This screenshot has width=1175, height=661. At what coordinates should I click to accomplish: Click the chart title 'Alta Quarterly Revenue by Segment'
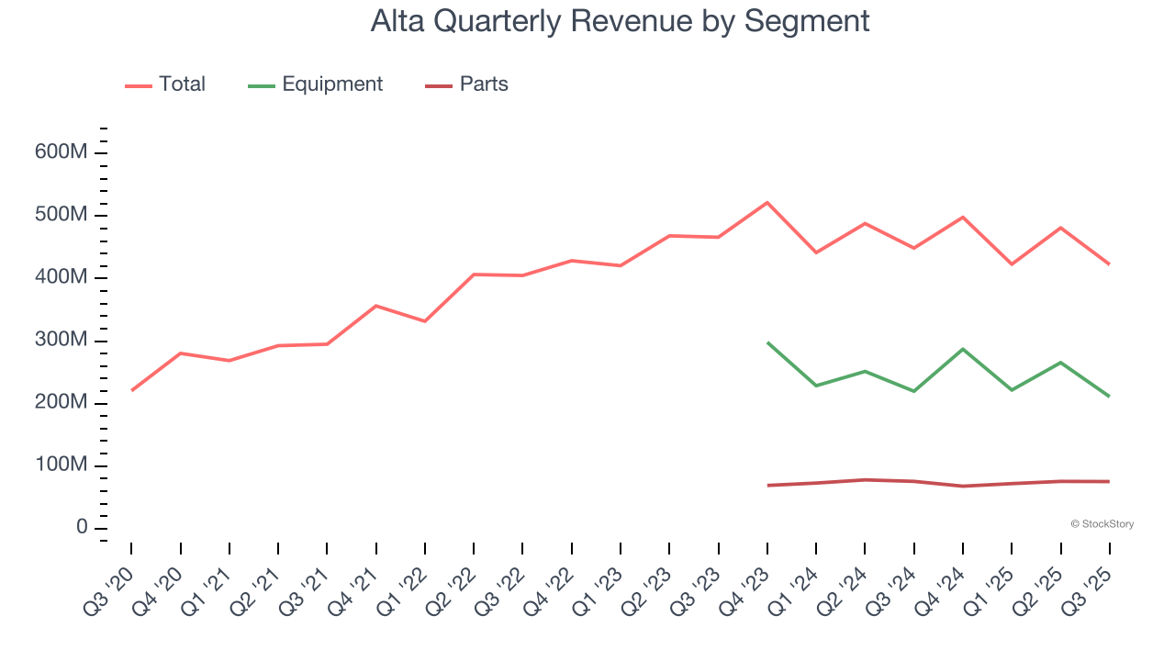(620, 20)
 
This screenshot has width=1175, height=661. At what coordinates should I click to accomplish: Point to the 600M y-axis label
(61, 151)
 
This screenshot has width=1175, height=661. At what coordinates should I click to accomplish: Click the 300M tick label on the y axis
(61, 341)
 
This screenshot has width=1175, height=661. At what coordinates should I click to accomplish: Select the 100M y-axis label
(61, 465)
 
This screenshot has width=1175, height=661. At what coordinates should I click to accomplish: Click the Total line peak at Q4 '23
(767, 202)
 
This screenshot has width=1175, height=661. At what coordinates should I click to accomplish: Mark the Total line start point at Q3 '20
(131, 390)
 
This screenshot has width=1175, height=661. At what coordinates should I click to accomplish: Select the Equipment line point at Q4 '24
(963, 349)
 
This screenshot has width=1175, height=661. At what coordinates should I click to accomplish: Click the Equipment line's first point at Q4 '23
(767, 342)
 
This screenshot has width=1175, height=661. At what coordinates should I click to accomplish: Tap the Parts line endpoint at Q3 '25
(1109, 481)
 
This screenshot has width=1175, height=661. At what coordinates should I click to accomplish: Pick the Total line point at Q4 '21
(376, 306)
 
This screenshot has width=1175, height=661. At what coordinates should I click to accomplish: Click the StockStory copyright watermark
(1102, 524)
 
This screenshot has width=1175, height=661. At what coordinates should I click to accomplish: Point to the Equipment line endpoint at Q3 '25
(1109, 397)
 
